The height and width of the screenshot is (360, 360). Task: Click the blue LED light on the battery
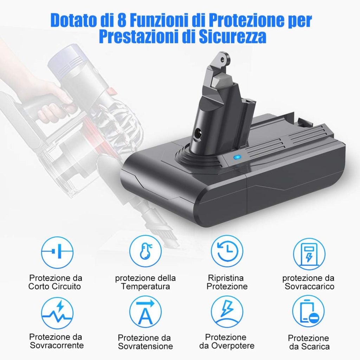tap(237, 157)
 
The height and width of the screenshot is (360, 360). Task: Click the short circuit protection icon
tap(57, 252)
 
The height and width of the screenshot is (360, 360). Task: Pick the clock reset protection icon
tap(227, 251)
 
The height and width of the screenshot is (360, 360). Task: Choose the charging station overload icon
tap(309, 254)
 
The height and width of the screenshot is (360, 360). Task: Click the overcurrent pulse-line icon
tap(57, 313)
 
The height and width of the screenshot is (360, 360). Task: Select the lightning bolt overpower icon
tap(227, 311)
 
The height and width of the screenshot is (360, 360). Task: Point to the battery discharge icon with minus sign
tap(308, 311)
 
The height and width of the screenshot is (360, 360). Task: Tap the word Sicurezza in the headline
tap(233, 37)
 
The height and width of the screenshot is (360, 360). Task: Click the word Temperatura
tap(146, 287)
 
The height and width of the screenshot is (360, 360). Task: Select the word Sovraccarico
tap(309, 287)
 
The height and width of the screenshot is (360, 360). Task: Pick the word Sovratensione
tap(145, 346)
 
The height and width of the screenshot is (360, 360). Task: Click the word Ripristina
tap(226, 278)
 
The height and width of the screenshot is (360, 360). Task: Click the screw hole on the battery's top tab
tap(222, 59)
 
